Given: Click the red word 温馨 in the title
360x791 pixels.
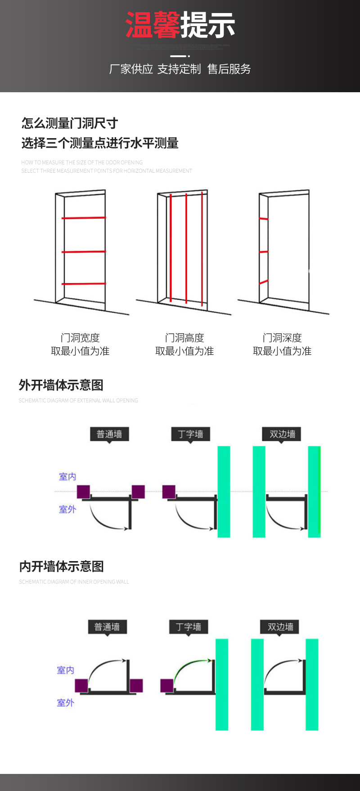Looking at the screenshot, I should point(153,25).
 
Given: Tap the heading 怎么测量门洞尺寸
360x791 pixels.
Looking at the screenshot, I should point(70,123).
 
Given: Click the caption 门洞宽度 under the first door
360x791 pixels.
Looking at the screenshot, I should point(80,337).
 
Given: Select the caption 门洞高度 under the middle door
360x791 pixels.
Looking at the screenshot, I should point(184,337).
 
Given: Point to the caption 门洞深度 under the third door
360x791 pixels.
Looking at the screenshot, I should point(282,337).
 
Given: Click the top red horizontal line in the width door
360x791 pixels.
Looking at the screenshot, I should point(84,218).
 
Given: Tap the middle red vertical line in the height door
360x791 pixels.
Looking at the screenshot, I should point(186,247).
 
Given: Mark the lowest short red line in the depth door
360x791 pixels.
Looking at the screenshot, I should point(264,282).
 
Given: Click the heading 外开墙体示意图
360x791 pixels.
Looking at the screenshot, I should point(61,385).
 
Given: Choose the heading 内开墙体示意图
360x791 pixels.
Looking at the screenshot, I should point(61,566).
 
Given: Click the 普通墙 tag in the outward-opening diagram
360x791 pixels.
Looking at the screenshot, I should point(109,434).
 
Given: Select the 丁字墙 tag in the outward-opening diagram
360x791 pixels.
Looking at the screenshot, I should point(190,434).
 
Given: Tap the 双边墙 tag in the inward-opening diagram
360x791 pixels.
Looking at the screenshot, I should point(280,627).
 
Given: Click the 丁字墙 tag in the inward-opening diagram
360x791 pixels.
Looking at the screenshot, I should point(189,627).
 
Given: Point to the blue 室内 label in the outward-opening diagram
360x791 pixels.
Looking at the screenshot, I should point(67,476).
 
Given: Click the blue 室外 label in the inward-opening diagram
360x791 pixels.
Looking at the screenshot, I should point(65,702).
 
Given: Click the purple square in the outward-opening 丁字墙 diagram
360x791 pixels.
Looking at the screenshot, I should point(169,492).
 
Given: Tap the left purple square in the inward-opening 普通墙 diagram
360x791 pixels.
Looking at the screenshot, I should point(81,686).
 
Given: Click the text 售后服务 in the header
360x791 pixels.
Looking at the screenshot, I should point(229,69).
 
